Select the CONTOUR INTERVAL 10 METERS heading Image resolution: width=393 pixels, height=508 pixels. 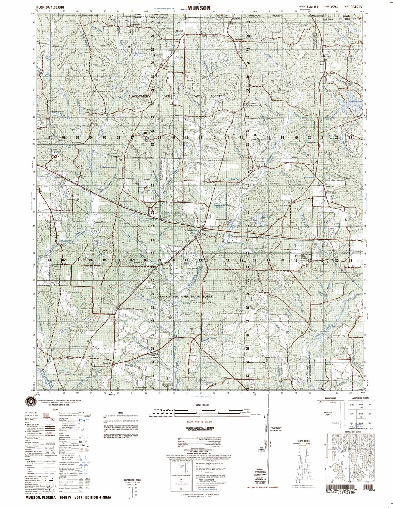tap(200, 428)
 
